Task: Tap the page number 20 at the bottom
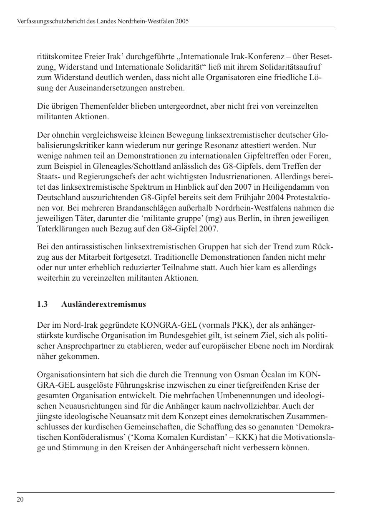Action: coord(20,499)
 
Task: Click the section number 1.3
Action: coord(42,304)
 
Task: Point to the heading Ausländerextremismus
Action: coord(103,304)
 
